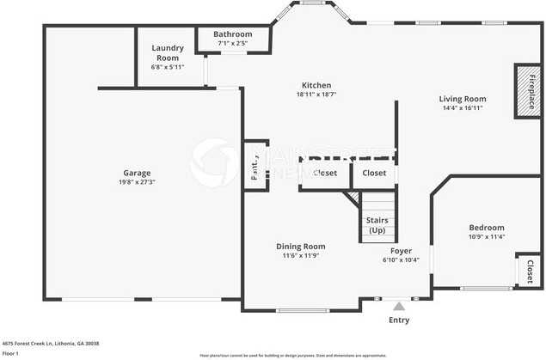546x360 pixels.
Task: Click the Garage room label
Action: pyautogui.click(x=137, y=172)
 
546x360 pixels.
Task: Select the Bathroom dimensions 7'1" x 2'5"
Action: pyautogui.click(x=232, y=43)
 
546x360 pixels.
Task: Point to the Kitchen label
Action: pyautogui.click(x=316, y=85)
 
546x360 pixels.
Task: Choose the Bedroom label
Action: pyautogui.click(x=486, y=227)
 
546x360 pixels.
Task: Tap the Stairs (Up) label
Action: pyautogui.click(x=377, y=225)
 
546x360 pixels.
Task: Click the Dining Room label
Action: pyautogui.click(x=300, y=246)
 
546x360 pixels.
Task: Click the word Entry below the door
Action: pyautogui.click(x=398, y=320)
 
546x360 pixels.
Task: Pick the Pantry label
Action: pyautogui.click(x=255, y=166)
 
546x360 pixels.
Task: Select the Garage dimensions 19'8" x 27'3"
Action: pyautogui.click(x=137, y=182)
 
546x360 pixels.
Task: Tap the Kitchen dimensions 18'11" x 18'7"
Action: pyautogui.click(x=316, y=95)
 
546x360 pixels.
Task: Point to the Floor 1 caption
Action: pyautogui.click(x=10, y=352)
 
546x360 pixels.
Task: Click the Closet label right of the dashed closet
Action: pyautogui.click(x=374, y=173)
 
